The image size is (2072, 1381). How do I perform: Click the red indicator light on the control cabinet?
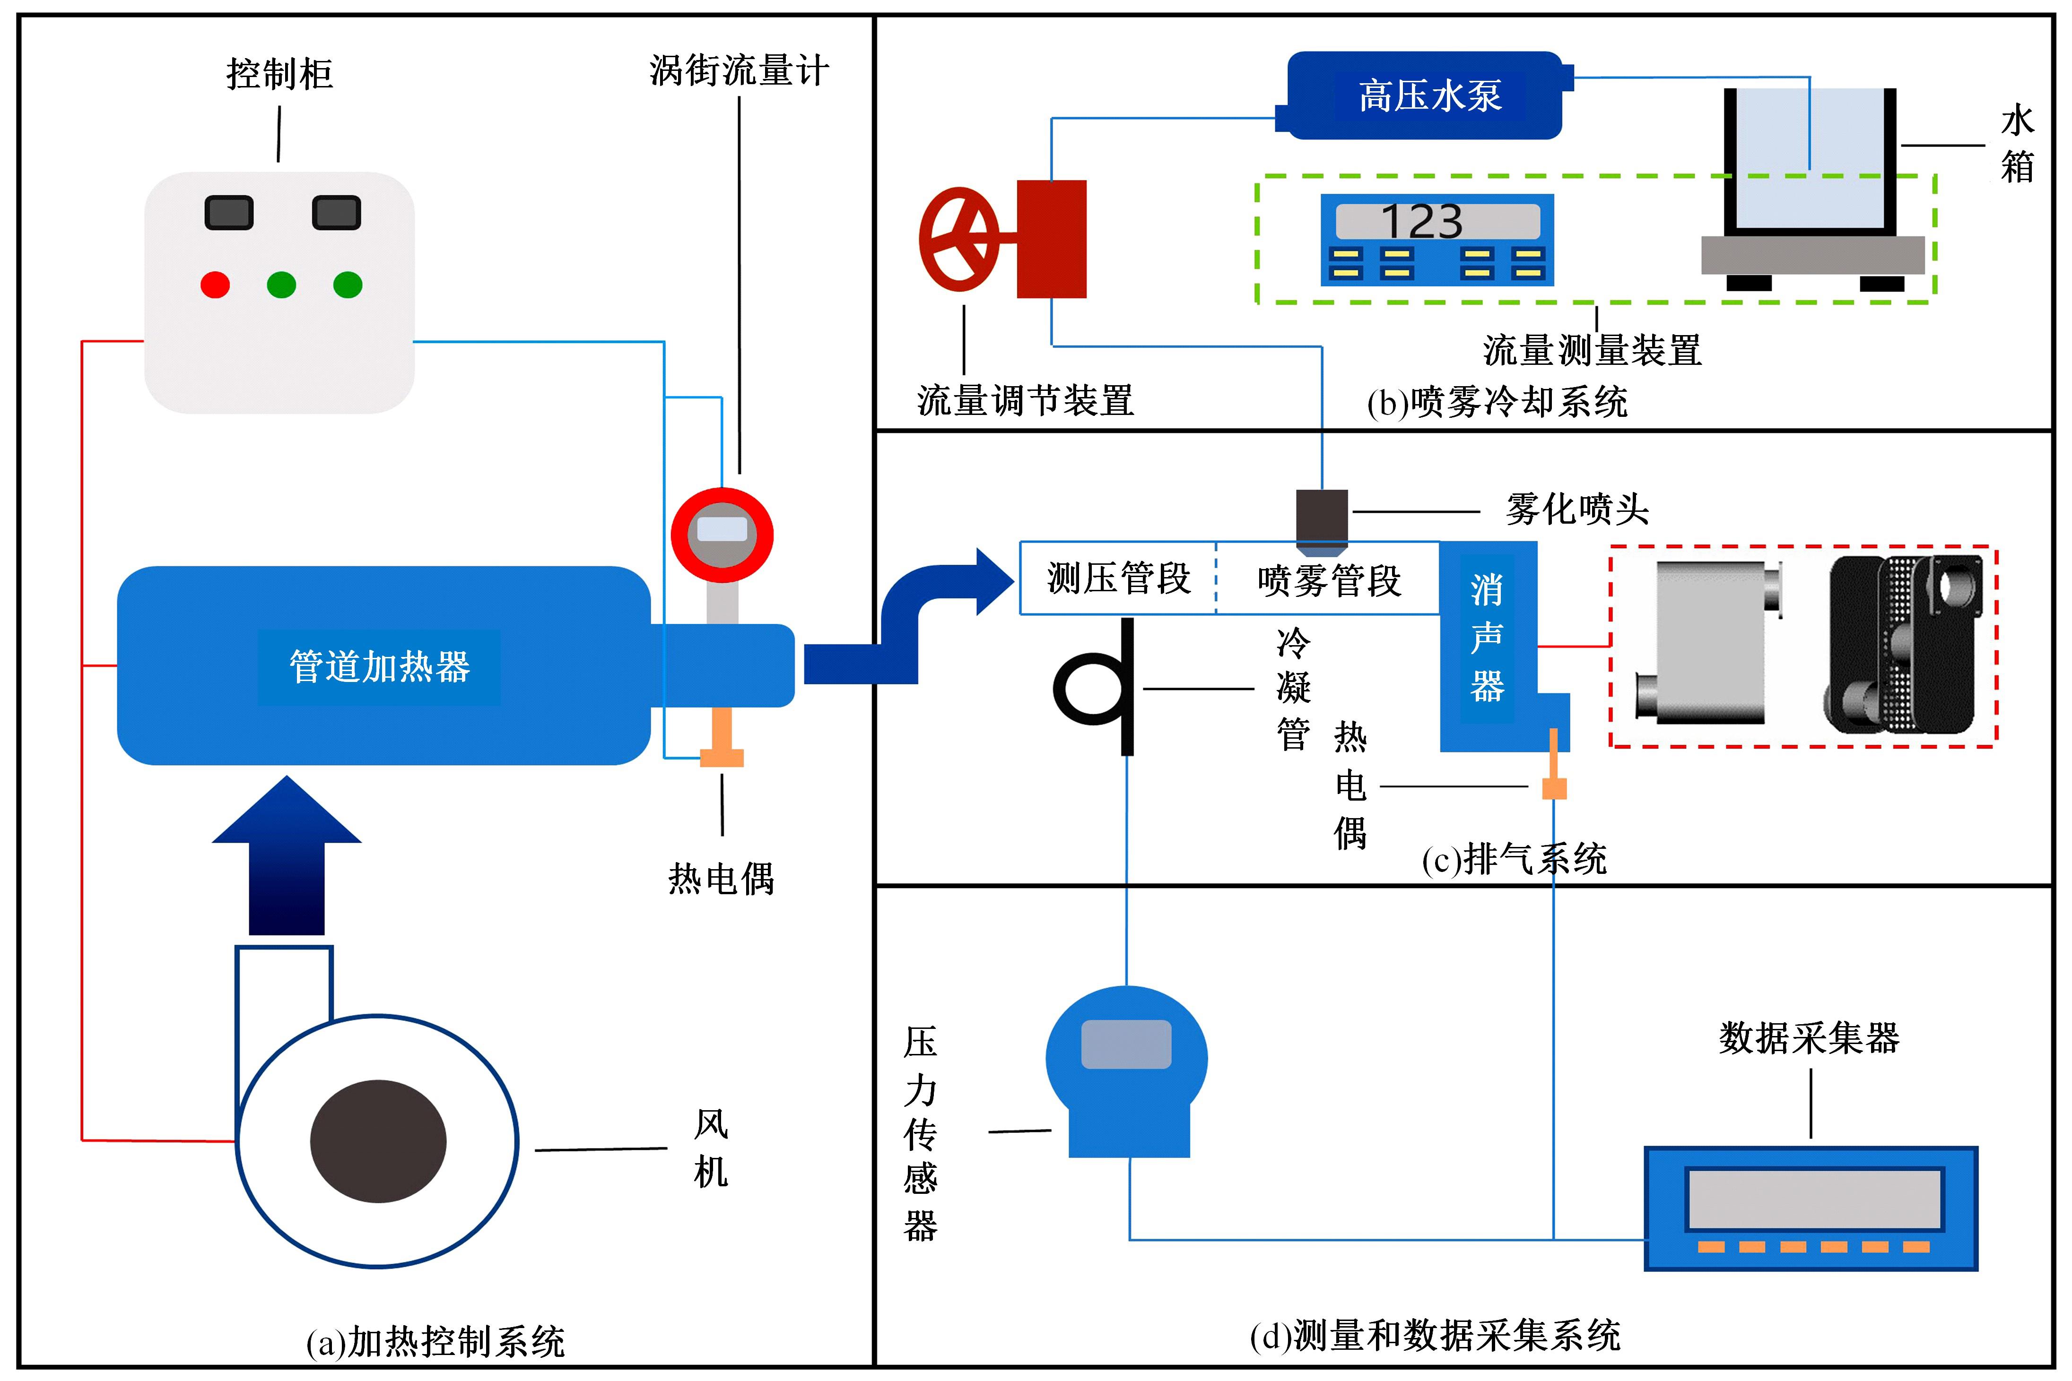coord(215,285)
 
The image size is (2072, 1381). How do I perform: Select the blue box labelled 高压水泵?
coord(1427,95)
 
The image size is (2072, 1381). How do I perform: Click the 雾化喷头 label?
coord(1577,509)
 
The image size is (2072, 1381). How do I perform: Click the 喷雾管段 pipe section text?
coord(1329,580)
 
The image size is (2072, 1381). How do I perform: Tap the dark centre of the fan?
coord(378,1140)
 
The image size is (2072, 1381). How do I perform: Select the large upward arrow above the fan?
coord(287,854)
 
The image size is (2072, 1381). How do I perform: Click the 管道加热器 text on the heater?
coord(380,667)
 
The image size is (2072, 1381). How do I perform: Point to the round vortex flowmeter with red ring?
coord(722,535)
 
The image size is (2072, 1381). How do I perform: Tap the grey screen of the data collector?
coord(1813,1199)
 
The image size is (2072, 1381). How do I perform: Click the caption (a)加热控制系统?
coord(435,1341)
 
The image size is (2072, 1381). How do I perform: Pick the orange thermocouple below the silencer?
coord(1554,775)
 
